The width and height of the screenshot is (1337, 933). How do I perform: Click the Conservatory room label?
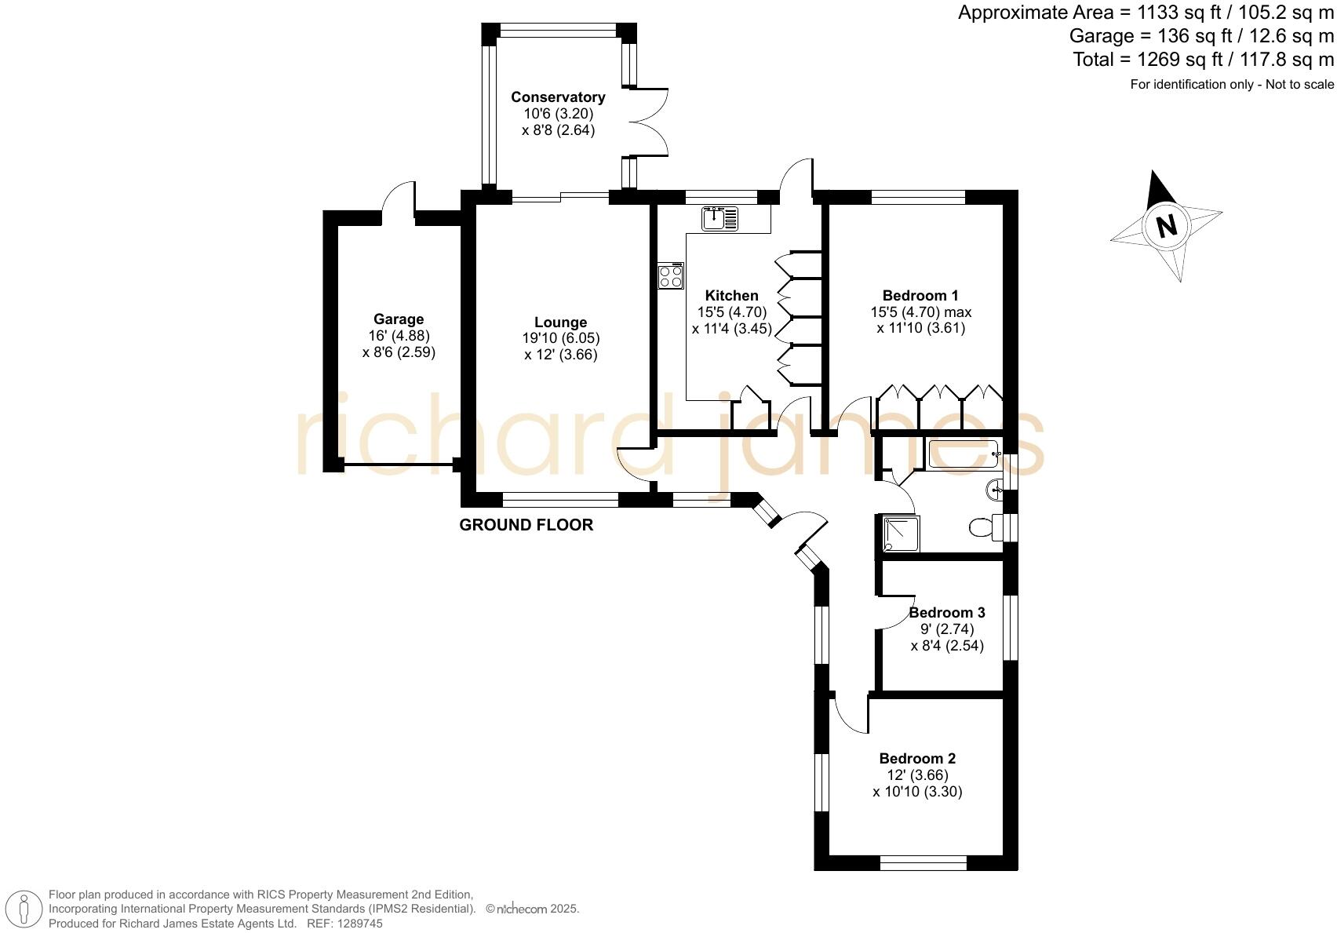[558, 97]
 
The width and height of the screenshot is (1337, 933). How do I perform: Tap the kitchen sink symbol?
[720, 218]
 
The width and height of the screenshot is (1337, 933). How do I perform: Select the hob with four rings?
[671, 276]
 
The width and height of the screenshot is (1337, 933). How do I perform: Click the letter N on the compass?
[1167, 226]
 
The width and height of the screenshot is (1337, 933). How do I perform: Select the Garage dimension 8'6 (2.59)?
[399, 352]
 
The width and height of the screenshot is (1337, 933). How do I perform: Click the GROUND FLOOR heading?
[526, 525]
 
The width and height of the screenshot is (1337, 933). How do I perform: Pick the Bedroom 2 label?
[917, 759]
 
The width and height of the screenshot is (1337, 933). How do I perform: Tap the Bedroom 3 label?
[946, 613]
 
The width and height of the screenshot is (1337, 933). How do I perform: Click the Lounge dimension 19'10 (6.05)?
[561, 338]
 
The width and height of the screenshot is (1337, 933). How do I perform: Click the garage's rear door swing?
[399, 198]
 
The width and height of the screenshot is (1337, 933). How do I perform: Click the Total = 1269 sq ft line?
[1203, 60]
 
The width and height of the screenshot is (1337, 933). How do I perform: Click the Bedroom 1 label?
[920, 296]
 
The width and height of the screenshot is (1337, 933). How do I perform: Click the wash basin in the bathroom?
[996, 490]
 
